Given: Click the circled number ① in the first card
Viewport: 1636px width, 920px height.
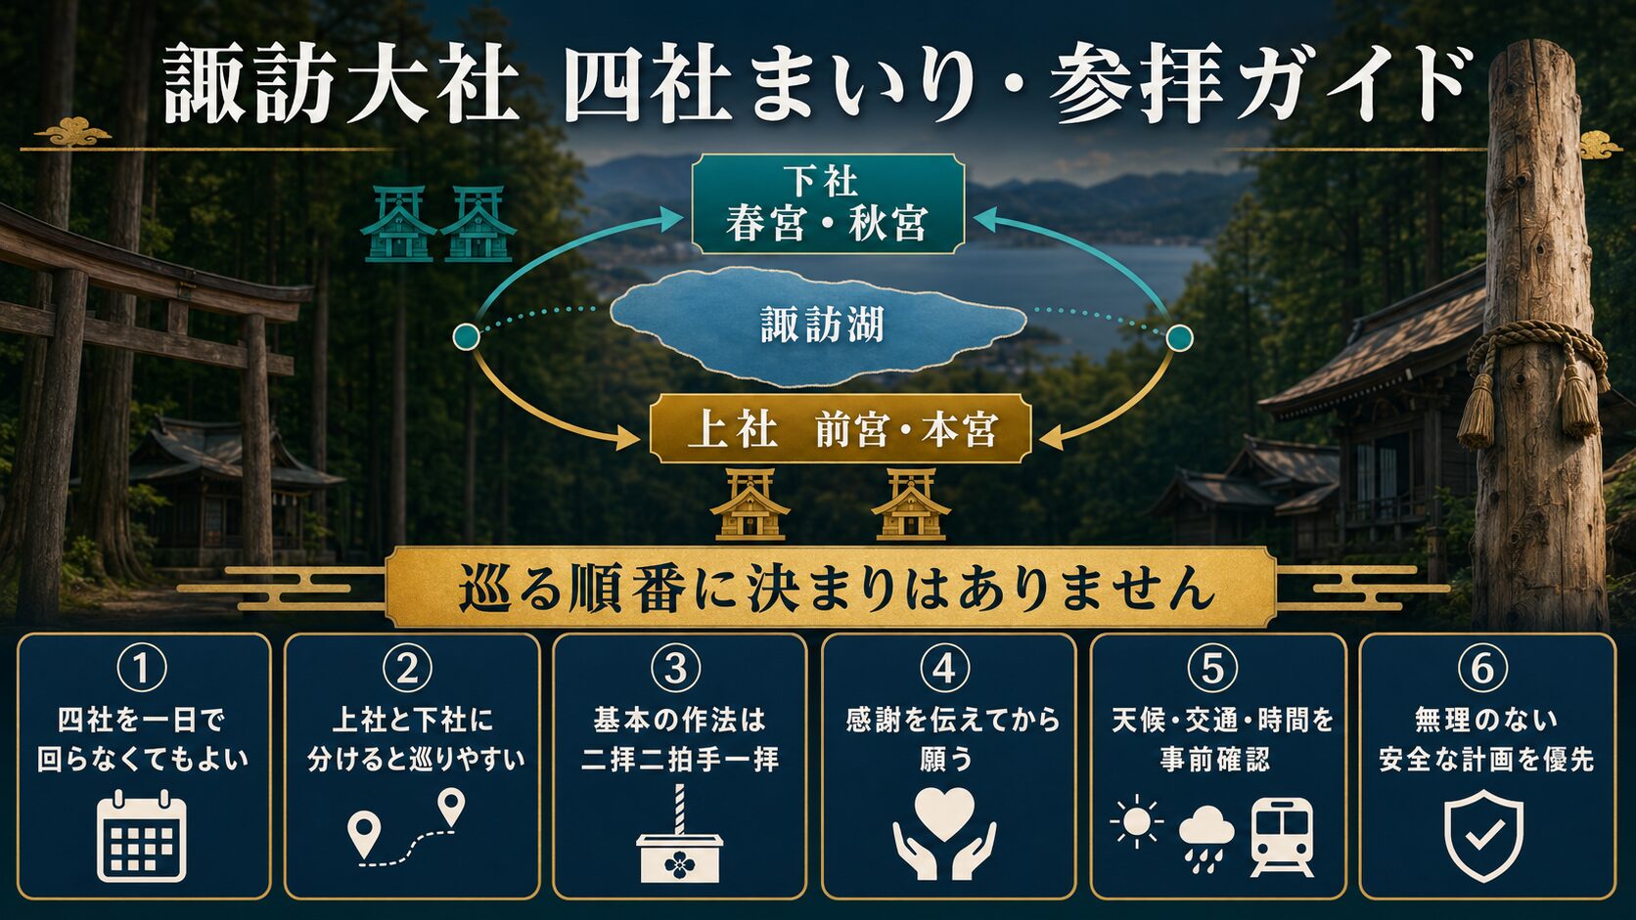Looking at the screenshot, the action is click(142, 668).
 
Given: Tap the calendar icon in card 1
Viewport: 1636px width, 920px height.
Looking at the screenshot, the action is click(142, 835).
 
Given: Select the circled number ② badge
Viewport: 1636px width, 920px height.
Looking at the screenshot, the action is click(408, 668).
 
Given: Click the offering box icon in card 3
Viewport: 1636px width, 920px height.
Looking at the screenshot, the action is click(679, 834).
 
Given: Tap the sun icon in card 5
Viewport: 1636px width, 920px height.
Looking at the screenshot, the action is click(1136, 821).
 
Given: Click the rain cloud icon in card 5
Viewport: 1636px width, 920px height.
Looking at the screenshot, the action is click(1206, 838).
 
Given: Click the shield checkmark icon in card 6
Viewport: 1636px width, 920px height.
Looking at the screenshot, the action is click(1484, 835).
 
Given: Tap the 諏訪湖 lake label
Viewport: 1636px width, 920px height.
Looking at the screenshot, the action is click(822, 326).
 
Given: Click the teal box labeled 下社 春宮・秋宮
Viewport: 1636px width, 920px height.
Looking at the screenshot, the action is click(828, 203).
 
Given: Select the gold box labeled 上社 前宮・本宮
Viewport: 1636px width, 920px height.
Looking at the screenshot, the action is click(841, 429).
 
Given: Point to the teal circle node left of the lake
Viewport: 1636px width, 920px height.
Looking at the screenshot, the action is click(466, 337).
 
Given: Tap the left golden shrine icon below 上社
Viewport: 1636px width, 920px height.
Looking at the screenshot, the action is click(750, 504).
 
